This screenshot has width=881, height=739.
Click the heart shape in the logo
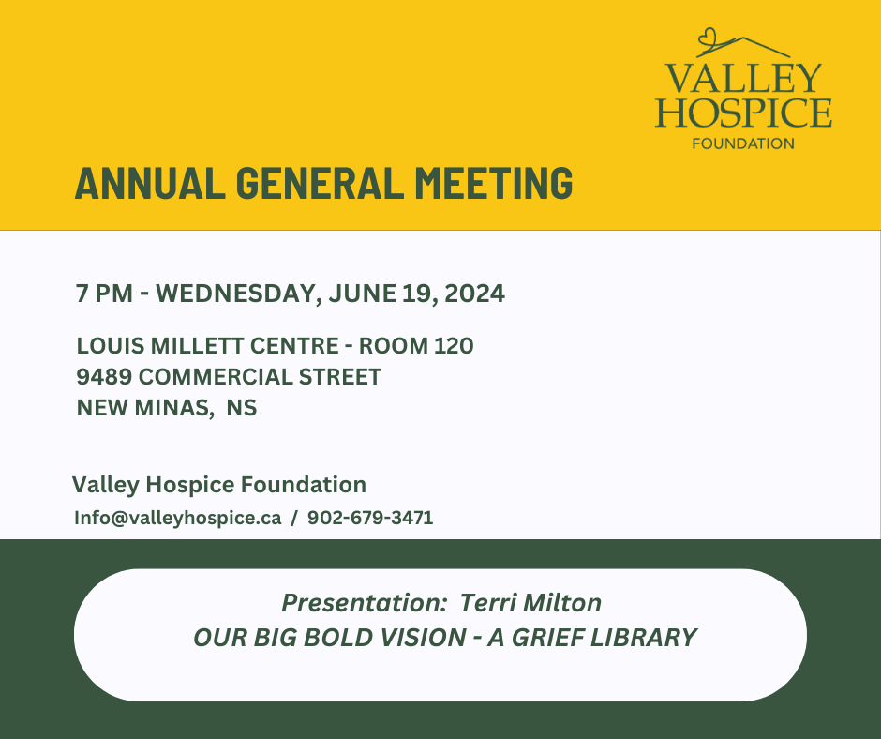[x=708, y=38]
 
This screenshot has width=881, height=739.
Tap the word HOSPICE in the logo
[x=743, y=113]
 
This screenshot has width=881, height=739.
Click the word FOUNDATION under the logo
[x=743, y=143]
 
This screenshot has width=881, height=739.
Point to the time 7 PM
[x=104, y=294]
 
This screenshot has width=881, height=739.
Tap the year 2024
[x=474, y=294]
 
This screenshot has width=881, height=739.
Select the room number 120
[x=453, y=346]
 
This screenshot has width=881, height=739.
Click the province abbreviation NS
[x=242, y=408]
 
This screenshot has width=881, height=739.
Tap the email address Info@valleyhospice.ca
[x=177, y=518]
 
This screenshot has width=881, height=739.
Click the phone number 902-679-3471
[x=370, y=518]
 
